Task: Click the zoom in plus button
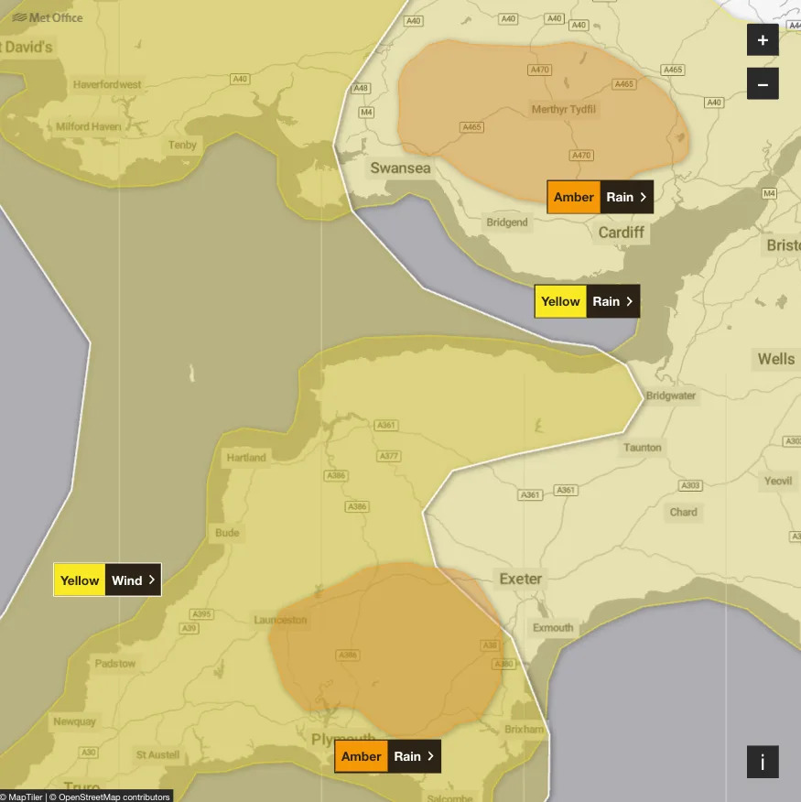[763, 40]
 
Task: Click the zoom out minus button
[763, 84]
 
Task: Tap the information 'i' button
[763, 762]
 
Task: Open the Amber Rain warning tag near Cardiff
[601, 197]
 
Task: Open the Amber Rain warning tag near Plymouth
[387, 756]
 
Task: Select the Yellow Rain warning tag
[587, 301]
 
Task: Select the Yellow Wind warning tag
[107, 580]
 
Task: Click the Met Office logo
[48, 16]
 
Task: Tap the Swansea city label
[400, 168]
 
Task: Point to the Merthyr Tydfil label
[564, 110]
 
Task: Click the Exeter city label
[520, 579]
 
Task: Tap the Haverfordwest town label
[107, 85]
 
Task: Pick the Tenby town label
[182, 146]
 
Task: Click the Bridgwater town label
[671, 396]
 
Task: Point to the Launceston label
[280, 620]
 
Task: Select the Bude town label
[227, 533]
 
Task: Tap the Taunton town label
[642, 448]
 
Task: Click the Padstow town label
[114, 664]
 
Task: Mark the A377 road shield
[389, 456]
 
